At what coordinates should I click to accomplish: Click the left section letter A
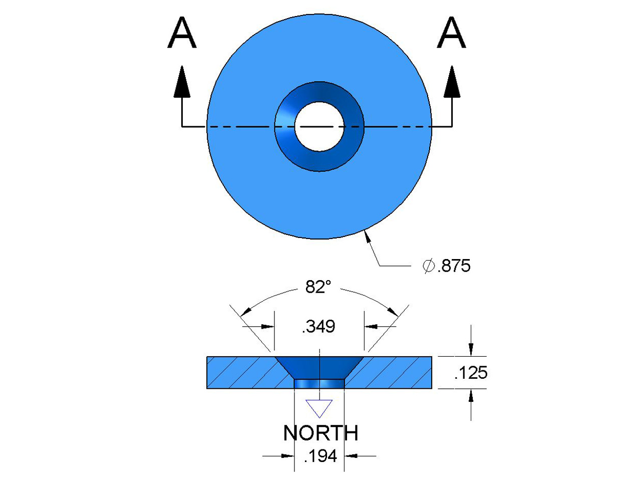[181, 33]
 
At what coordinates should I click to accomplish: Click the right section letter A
[451, 33]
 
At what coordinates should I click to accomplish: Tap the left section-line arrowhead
[182, 82]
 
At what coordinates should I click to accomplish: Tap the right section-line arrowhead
[452, 82]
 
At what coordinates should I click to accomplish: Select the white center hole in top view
[319, 126]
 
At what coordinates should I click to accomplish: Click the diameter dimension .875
[454, 266]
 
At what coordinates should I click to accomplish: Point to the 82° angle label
[318, 287]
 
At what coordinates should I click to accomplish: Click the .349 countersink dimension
[318, 327]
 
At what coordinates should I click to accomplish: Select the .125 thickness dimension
[471, 372]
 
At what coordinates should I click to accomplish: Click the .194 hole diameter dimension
[320, 456]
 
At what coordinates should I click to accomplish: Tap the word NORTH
[320, 433]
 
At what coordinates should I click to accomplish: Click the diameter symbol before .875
[429, 266]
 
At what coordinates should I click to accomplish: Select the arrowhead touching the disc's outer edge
[369, 236]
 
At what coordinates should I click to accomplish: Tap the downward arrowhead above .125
[471, 349]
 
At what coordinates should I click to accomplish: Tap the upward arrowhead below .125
[471, 396]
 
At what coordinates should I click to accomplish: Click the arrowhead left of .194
[287, 456]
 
